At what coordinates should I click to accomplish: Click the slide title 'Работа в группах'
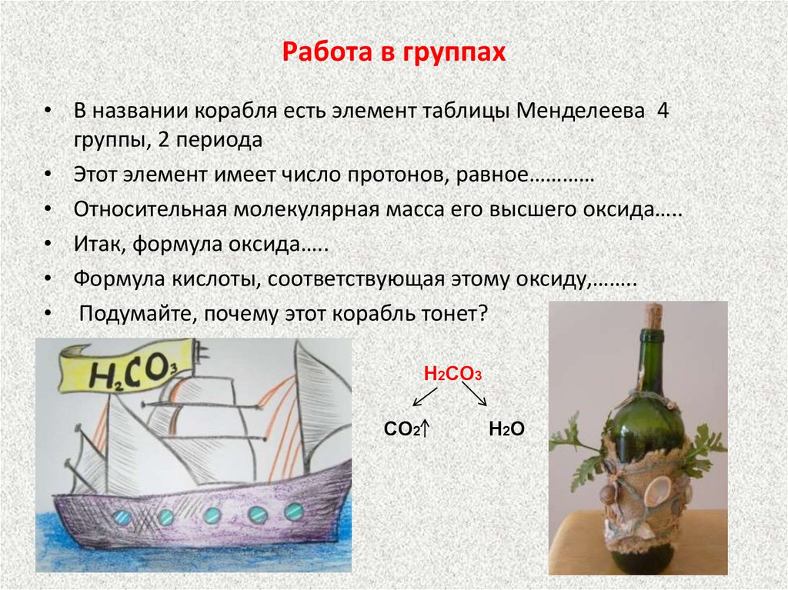pos(393,53)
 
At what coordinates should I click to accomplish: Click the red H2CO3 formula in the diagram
pos(452,375)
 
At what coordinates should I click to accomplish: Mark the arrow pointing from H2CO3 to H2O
pos(476,396)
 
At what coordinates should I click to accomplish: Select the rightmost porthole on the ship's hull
pos(293,511)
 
